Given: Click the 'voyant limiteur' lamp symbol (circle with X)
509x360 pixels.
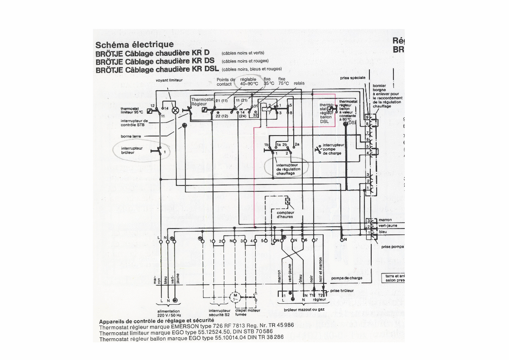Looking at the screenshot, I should pos(172,109).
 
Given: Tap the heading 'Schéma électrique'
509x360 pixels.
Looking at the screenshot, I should pos(134,44).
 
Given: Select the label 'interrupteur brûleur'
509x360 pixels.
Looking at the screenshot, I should pos(132,151).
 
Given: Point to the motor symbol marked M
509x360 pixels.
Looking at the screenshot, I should pos(235,297).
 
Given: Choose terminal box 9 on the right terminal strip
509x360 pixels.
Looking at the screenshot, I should pos(368,117).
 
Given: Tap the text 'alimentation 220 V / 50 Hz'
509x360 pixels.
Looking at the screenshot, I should pos(169,313).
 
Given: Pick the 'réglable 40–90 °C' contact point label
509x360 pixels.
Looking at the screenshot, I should pos(249,82).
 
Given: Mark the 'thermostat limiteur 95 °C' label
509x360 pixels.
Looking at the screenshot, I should pos(132,110).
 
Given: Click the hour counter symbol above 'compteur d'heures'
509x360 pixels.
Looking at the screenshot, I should pos(287,201).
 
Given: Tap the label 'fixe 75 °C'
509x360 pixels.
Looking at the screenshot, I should pos(283,82).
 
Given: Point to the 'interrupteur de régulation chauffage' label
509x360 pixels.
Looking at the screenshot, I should pos(288,169).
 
